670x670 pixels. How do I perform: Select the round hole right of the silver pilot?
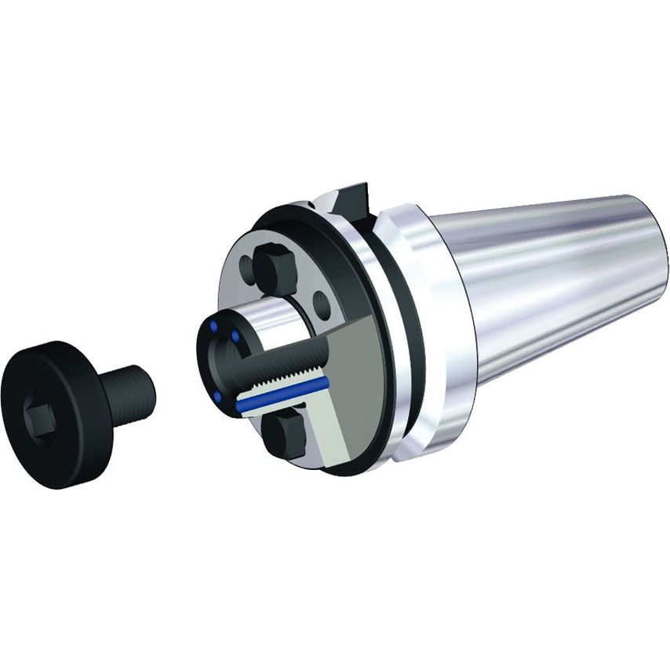tap(321, 300)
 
